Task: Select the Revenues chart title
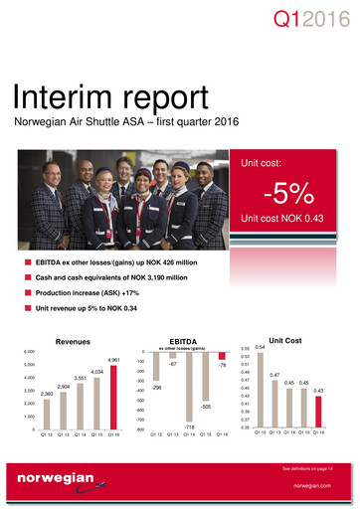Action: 74,340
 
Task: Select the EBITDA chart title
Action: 186,339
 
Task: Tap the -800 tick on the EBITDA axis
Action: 141,430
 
